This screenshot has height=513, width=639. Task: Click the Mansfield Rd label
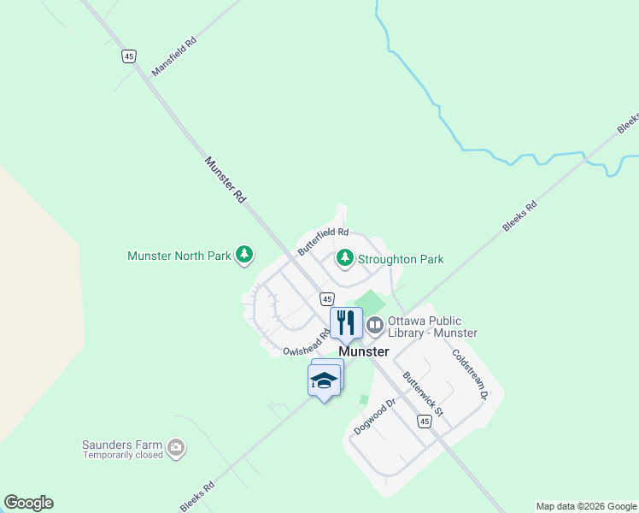[173, 56]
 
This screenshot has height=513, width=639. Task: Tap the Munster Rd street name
[226, 179]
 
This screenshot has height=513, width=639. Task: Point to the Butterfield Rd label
[323, 242]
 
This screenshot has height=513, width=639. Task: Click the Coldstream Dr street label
[469, 374]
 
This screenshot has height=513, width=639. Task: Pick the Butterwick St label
[424, 393]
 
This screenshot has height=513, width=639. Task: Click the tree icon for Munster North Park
[244, 255]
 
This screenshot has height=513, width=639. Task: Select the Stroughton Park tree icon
[345, 257]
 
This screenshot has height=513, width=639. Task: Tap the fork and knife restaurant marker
[346, 322]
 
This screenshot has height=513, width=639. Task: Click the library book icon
[375, 325]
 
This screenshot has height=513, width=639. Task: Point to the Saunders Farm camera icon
[176, 446]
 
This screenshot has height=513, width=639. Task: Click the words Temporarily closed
[122, 455]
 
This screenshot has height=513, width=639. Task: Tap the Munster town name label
[364, 351]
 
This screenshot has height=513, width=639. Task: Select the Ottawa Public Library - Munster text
[432, 327]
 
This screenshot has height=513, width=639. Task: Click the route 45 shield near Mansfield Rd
[128, 56]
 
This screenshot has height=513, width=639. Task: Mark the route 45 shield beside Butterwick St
[425, 422]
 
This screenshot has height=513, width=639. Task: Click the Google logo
[28, 503]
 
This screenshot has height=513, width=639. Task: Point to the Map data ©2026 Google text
[586, 506]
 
